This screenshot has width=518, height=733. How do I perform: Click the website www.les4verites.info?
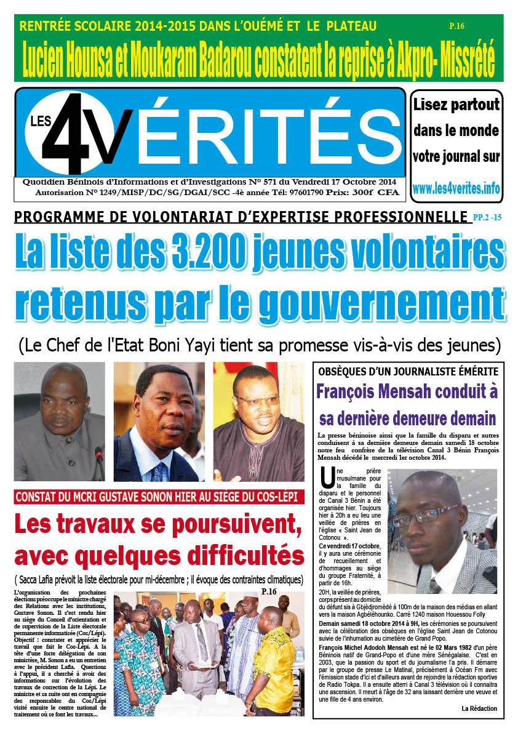point(456,188)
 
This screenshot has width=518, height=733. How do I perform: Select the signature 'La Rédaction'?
point(479,708)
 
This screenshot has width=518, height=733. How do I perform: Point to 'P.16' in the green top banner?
point(457,26)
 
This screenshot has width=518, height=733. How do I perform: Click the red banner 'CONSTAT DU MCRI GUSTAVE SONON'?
point(159,497)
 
